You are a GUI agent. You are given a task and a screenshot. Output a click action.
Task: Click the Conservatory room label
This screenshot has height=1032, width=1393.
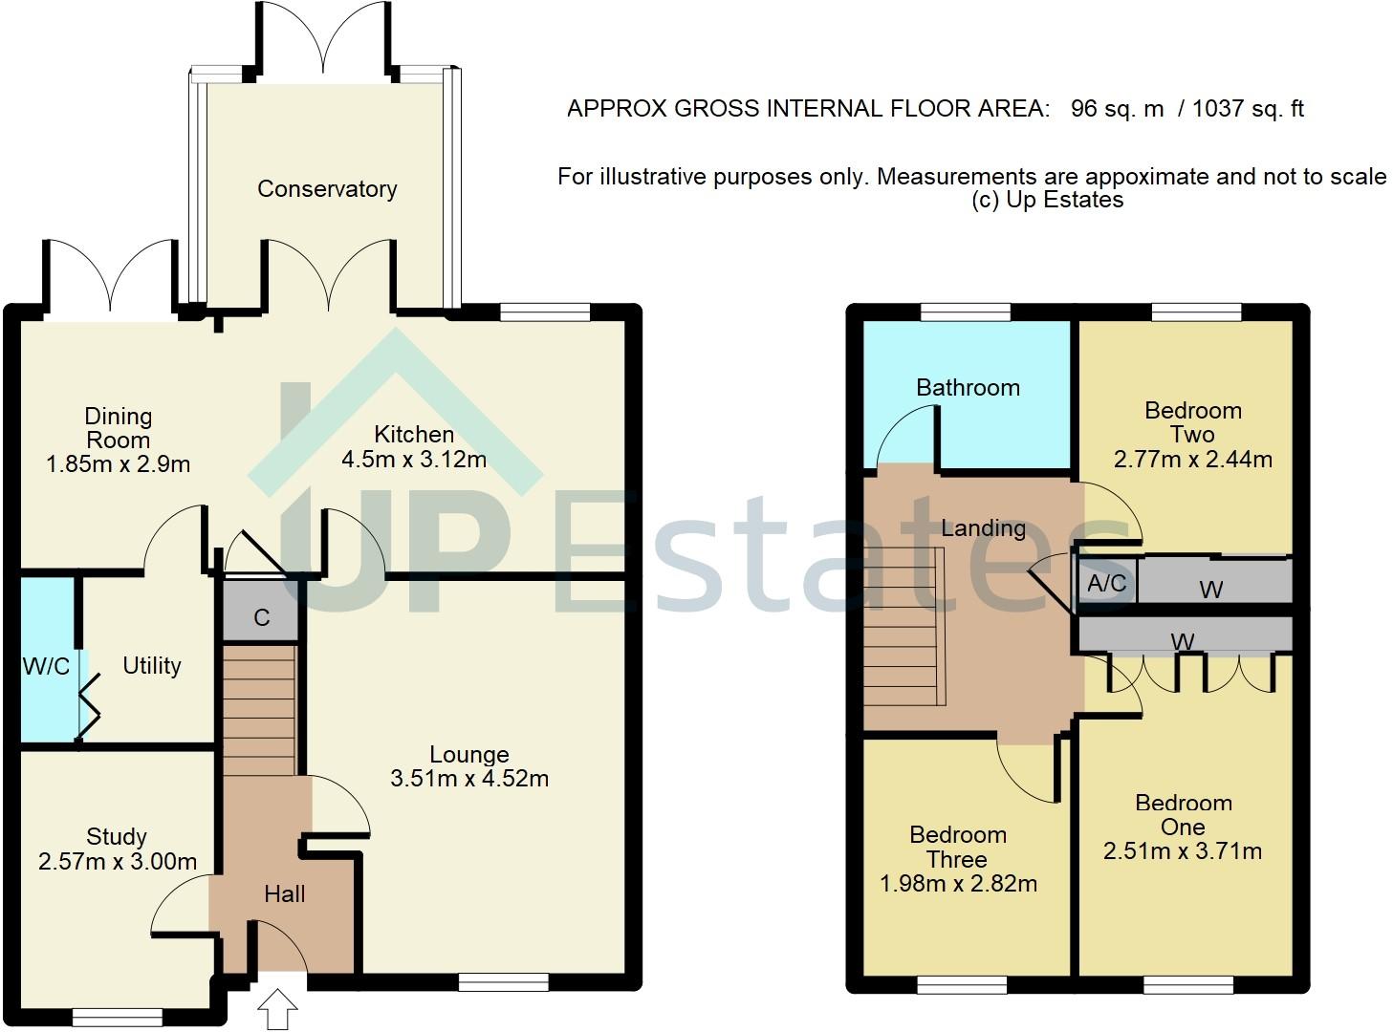point(327,189)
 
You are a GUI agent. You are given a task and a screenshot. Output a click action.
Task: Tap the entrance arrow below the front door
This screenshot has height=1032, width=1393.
point(277,1009)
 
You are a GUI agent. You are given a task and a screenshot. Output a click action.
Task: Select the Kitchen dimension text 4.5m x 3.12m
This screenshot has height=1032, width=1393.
point(414,460)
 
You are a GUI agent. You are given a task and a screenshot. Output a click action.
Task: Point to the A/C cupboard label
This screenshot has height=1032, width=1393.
point(1106,584)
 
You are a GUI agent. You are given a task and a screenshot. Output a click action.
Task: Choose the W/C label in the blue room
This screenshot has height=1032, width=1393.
point(46,666)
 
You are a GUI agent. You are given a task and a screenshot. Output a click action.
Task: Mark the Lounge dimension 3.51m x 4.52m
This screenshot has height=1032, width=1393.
point(469,779)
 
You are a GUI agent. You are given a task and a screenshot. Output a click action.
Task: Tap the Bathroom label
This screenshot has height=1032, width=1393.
point(968,388)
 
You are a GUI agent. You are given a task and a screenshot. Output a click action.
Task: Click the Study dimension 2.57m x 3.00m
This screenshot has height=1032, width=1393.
point(118,862)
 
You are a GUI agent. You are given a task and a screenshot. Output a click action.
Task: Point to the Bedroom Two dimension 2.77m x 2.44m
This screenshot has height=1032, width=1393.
point(1192,460)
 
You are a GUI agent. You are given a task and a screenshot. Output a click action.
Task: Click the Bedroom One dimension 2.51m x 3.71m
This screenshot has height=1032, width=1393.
point(1183,851)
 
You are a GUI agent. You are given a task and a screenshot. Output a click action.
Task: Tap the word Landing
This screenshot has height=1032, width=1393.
point(984,528)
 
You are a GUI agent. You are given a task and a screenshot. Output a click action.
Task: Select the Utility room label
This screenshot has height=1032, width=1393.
point(152,666)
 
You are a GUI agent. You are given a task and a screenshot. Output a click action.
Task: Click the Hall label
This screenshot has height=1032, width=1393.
point(285,894)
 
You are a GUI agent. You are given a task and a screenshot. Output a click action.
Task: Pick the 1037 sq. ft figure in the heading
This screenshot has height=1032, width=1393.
point(1248,109)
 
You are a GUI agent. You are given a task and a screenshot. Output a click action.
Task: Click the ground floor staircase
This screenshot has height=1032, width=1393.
point(259,709)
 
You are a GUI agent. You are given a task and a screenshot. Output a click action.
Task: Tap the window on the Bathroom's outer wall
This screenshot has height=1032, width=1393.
point(966,312)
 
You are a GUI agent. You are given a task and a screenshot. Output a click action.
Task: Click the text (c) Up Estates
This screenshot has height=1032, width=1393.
point(1048,201)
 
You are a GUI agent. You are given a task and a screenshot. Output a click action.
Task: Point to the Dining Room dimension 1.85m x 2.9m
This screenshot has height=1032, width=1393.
point(118,464)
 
